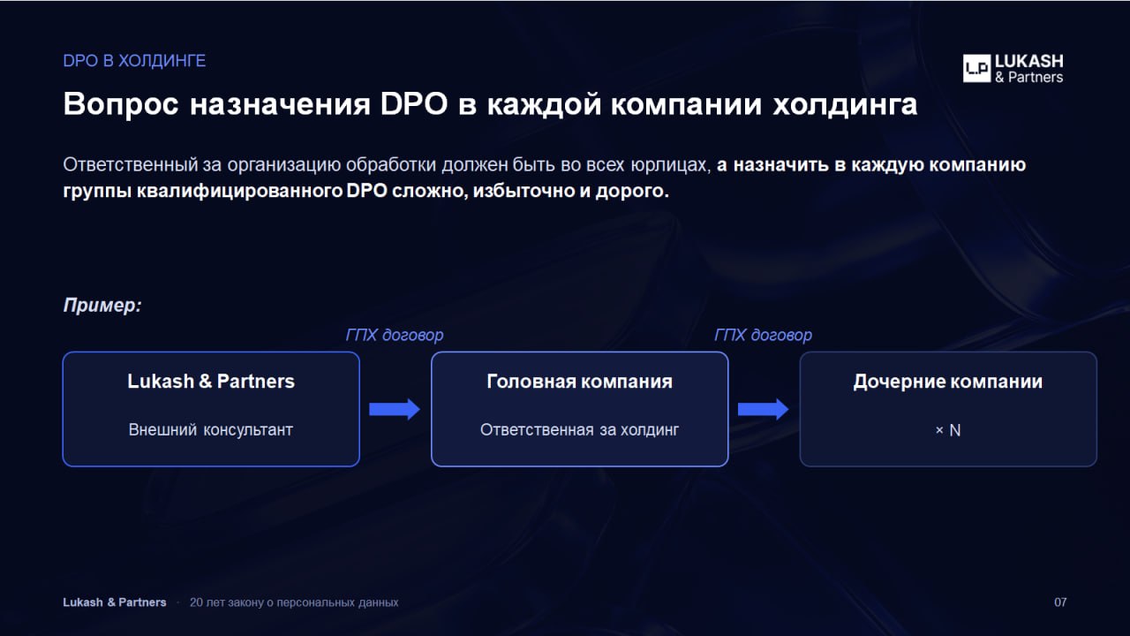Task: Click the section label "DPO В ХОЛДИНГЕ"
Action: (x=134, y=61)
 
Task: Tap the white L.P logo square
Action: (x=976, y=68)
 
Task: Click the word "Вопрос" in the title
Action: (x=121, y=104)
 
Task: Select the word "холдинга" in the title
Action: (x=845, y=104)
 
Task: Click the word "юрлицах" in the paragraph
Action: (x=670, y=165)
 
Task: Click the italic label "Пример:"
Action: (x=102, y=305)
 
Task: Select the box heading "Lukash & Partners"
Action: (x=211, y=381)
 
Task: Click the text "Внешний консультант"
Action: (x=211, y=429)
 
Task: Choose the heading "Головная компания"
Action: (x=580, y=381)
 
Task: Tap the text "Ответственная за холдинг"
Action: (x=580, y=429)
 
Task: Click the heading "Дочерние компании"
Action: (x=948, y=381)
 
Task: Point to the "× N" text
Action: (x=948, y=430)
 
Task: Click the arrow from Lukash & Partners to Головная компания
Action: (x=395, y=409)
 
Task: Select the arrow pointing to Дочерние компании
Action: (x=764, y=409)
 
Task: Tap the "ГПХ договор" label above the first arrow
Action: (x=395, y=335)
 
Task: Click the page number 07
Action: (x=1060, y=602)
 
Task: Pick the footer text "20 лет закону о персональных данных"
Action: (x=294, y=602)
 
